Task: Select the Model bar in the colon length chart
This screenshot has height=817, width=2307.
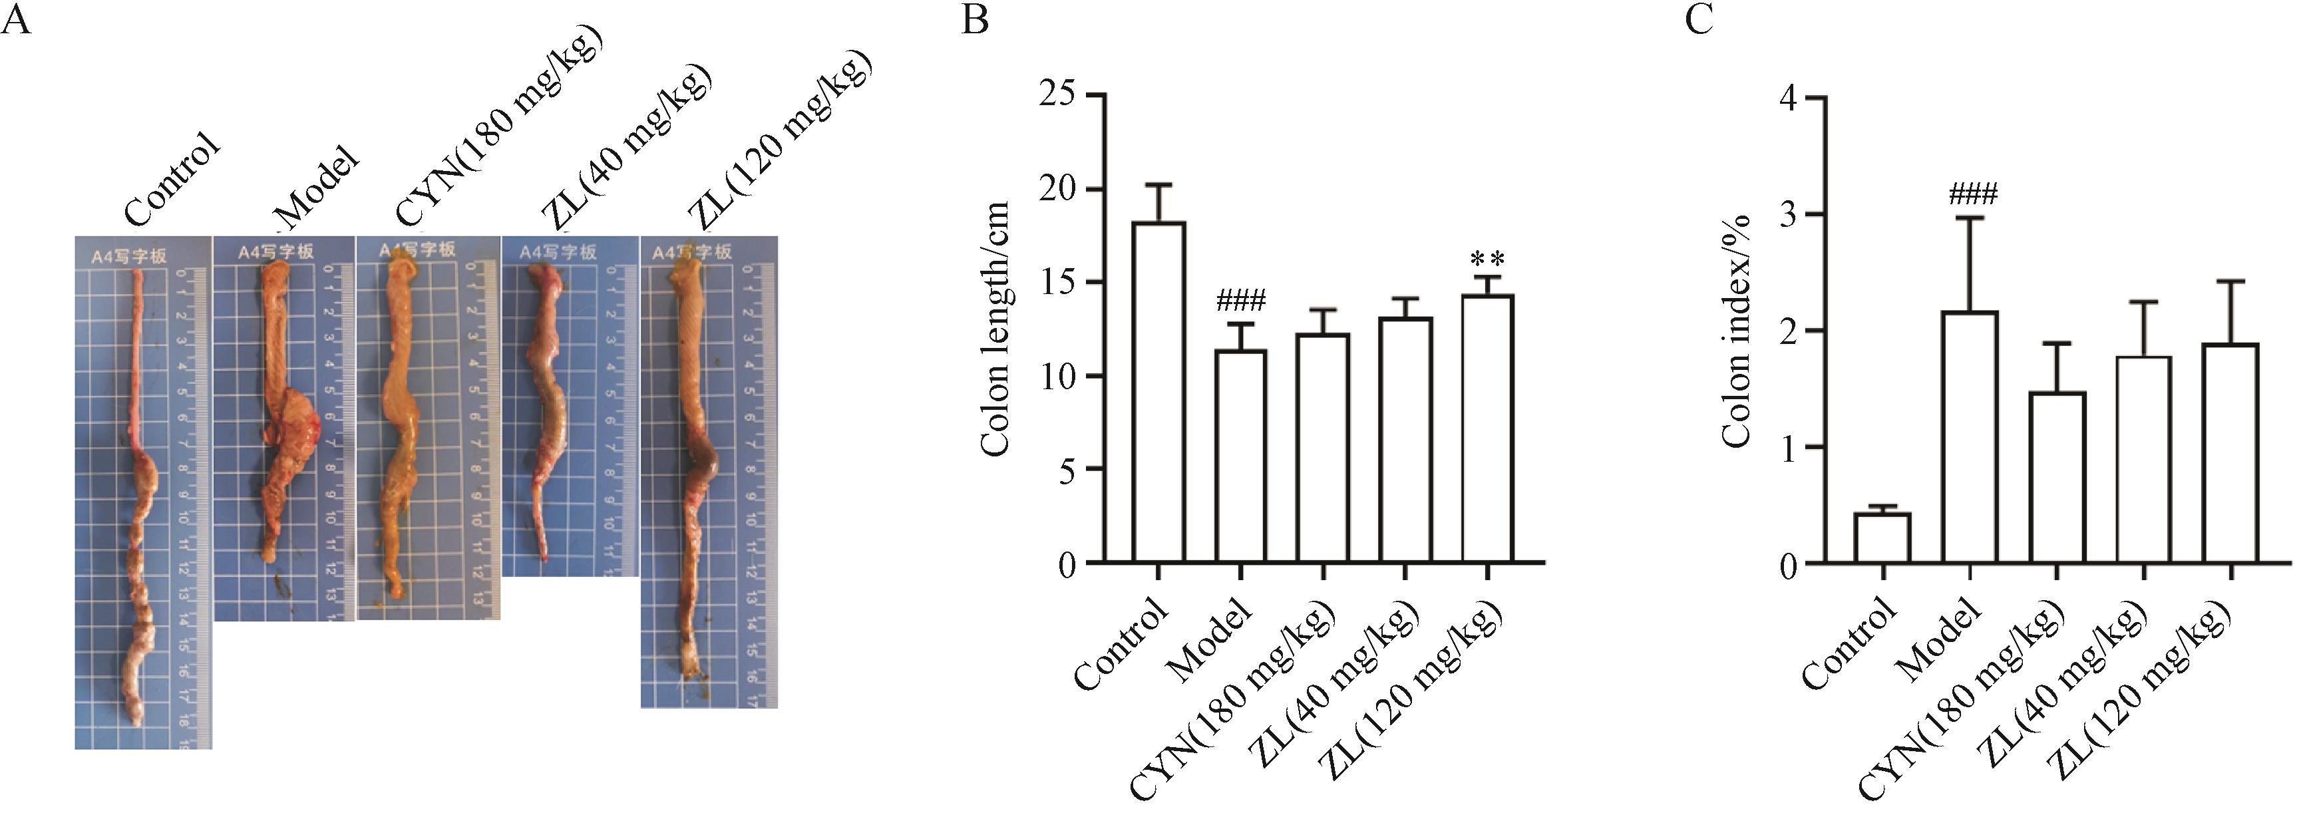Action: coord(1240,457)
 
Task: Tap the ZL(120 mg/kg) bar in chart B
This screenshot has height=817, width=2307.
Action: coord(1488,429)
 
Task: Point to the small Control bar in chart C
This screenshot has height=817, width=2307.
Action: coord(1882,538)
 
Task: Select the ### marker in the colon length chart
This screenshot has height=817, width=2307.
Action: coord(1240,301)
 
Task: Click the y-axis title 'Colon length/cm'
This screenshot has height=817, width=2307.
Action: coord(996,328)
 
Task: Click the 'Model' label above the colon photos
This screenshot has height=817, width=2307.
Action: coord(317,190)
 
